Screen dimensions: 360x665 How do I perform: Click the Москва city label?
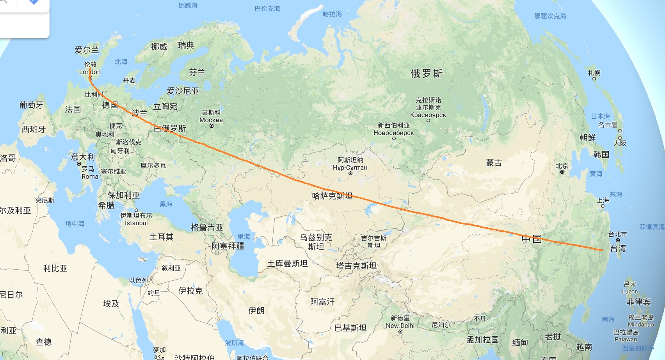click(211, 120)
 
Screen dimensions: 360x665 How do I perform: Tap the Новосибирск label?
click(393, 133)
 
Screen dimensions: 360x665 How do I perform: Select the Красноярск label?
click(428, 115)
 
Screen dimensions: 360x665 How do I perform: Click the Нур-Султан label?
click(350, 168)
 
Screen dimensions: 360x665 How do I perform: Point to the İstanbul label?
click(136, 223)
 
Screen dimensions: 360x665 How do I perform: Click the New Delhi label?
click(400, 326)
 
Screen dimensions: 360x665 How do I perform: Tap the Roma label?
click(90, 176)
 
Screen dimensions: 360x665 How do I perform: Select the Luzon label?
click(629, 291)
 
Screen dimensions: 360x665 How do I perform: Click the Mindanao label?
click(640, 324)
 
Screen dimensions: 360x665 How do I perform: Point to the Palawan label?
click(626, 339)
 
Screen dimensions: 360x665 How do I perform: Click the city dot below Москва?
click(212, 126)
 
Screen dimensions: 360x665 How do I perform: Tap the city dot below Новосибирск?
click(394, 138)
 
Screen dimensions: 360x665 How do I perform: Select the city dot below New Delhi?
click(400, 331)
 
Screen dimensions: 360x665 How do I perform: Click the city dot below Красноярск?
click(428, 120)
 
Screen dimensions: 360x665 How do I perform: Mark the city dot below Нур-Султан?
click(350, 173)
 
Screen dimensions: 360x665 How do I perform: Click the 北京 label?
click(562, 166)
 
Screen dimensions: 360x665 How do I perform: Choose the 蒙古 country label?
click(494, 163)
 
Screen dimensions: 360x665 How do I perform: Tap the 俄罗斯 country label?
click(427, 73)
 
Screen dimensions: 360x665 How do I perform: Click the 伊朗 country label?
click(256, 310)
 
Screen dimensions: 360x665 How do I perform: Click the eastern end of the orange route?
click(603, 250)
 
